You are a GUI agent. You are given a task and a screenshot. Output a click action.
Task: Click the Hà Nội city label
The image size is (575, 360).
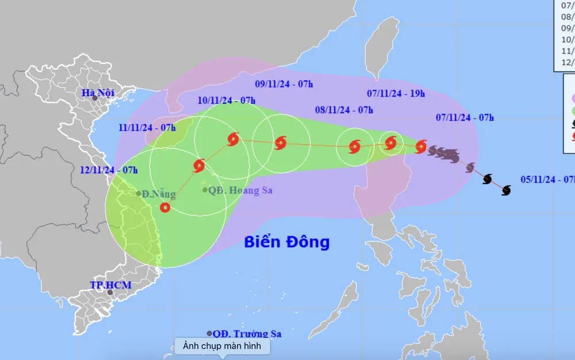pos(98,93)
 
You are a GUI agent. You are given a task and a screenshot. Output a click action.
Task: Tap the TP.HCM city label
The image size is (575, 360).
pos(111,285)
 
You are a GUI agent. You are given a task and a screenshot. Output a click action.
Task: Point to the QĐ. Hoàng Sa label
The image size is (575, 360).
pos(240,190)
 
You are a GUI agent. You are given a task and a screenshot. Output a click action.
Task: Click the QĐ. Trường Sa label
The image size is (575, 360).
pos(247,334)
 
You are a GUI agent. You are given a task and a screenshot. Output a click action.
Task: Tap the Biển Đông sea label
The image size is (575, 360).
pos(287,242)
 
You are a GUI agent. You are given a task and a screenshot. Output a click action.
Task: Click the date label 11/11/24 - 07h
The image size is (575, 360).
pos(148,127)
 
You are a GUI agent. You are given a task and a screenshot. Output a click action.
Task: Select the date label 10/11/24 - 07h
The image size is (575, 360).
pos(227,100)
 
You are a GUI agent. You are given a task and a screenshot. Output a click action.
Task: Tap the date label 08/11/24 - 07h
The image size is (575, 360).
pos(344,110)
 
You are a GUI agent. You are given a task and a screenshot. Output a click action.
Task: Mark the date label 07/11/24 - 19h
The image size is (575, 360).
pos(396,93)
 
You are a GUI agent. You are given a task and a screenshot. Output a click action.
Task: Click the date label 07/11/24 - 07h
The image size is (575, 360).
pos(465,118)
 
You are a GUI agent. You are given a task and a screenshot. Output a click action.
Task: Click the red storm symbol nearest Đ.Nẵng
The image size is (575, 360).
pos(165,208)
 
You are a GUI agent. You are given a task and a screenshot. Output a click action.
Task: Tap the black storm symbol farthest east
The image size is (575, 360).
pos(506,190)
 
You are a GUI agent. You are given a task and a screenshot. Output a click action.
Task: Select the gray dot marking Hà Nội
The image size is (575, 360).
pos(95,98)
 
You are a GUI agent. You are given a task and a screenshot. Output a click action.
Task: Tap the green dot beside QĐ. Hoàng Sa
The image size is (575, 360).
pos(205,190)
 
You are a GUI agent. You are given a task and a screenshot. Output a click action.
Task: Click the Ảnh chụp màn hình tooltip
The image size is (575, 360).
pos(222,346)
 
